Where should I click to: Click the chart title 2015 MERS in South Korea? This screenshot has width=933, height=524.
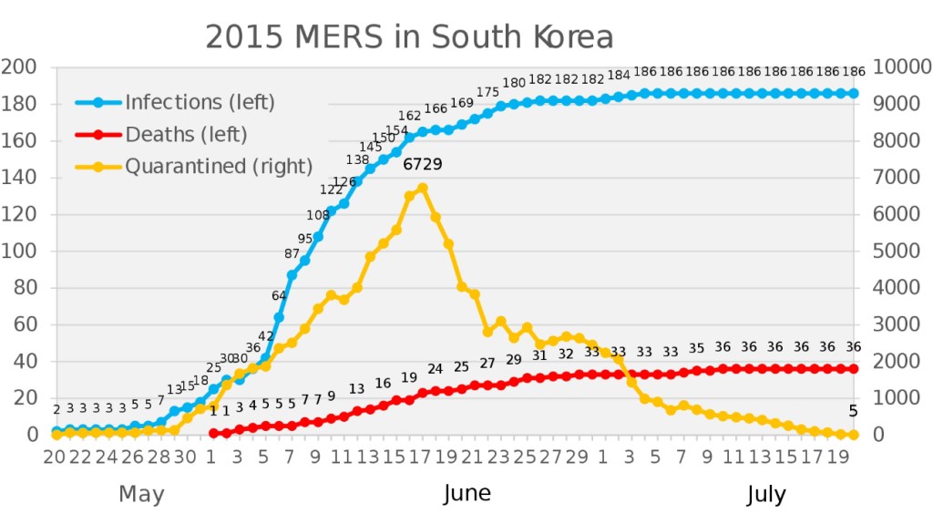click(x=409, y=37)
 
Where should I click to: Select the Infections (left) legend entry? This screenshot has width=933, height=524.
click(x=200, y=101)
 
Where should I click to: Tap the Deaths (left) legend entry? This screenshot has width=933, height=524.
click(x=186, y=135)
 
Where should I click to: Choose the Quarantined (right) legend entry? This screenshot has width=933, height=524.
click(x=219, y=167)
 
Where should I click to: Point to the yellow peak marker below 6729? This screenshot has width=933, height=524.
click(x=423, y=189)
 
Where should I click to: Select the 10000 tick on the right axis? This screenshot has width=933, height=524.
click(x=902, y=67)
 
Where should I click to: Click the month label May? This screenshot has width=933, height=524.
click(x=141, y=495)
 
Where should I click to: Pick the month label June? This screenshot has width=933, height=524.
click(x=466, y=494)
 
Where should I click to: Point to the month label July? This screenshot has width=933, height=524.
click(x=766, y=495)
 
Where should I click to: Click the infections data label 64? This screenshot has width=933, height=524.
click(x=279, y=295)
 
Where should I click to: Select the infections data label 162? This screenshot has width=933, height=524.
click(x=410, y=116)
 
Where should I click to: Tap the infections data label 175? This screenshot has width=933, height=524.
click(x=487, y=92)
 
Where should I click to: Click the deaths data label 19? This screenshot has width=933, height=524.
click(x=409, y=377)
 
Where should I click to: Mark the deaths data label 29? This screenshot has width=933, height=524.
click(x=514, y=360)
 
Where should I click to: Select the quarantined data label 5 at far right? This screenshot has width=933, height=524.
click(x=853, y=411)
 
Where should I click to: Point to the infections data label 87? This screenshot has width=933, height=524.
click(x=292, y=253)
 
